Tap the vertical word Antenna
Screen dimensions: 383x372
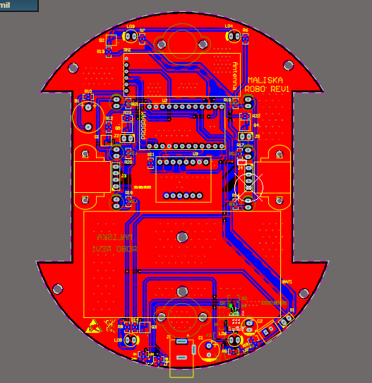(236, 73)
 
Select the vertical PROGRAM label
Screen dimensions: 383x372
(143, 124)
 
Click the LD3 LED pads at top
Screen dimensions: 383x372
(131, 34)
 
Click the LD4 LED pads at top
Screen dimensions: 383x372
(229, 34)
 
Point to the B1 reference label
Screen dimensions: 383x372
(77, 101)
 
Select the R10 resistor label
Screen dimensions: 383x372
(88, 92)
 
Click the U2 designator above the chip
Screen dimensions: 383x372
(164, 100)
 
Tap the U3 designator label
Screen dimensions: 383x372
(196, 153)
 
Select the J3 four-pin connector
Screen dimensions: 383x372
(117, 176)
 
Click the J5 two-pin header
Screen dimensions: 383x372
(247, 136)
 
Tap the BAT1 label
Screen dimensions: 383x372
(287, 281)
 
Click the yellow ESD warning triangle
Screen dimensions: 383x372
(92, 327)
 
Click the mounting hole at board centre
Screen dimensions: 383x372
(182, 237)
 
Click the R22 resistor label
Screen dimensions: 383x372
(256, 116)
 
